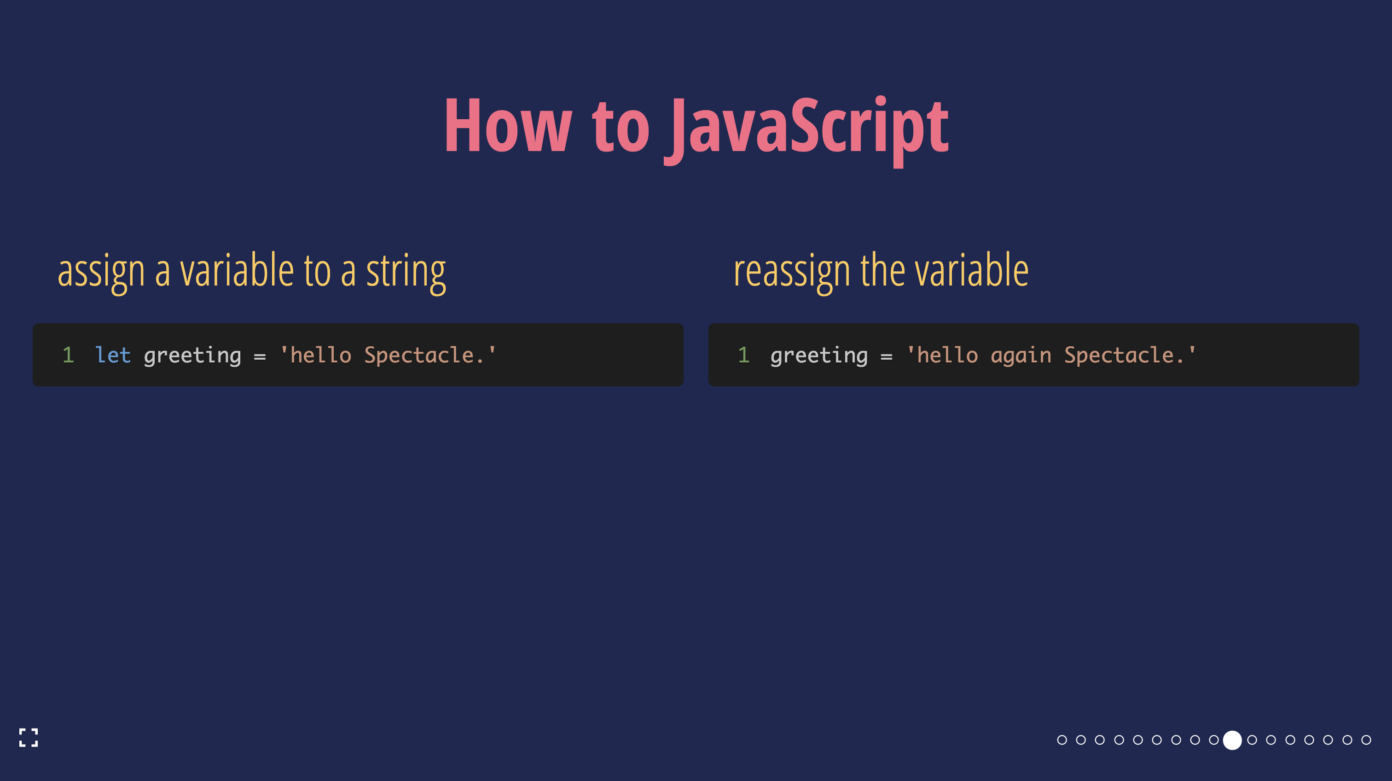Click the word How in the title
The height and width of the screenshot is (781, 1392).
click(x=507, y=128)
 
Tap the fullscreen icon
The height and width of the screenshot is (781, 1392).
click(x=29, y=738)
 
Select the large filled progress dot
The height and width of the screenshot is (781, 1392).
click(x=1233, y=740)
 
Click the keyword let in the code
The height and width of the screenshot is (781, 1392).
click(x=113, y=355)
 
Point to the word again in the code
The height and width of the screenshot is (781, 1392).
click(x=1021, y=356)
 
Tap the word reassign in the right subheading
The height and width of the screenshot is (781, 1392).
click(x=792, y=271)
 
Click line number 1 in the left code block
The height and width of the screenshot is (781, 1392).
click(x=68, y=355)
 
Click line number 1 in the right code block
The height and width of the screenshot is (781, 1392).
click(x=743, y=355)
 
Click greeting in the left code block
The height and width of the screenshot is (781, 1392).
click(x=192, y=356)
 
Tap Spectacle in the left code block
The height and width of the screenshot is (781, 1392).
click(x=419, y=355)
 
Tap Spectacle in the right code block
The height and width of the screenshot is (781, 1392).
click(x=1119, y=355)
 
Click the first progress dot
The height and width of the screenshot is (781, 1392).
click(x=1062, y=740)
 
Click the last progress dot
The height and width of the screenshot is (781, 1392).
click(x=1366, y=740)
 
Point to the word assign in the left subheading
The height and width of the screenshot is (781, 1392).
click(x=101, y=271)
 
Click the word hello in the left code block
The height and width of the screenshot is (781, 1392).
click(x=321, y=355)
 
